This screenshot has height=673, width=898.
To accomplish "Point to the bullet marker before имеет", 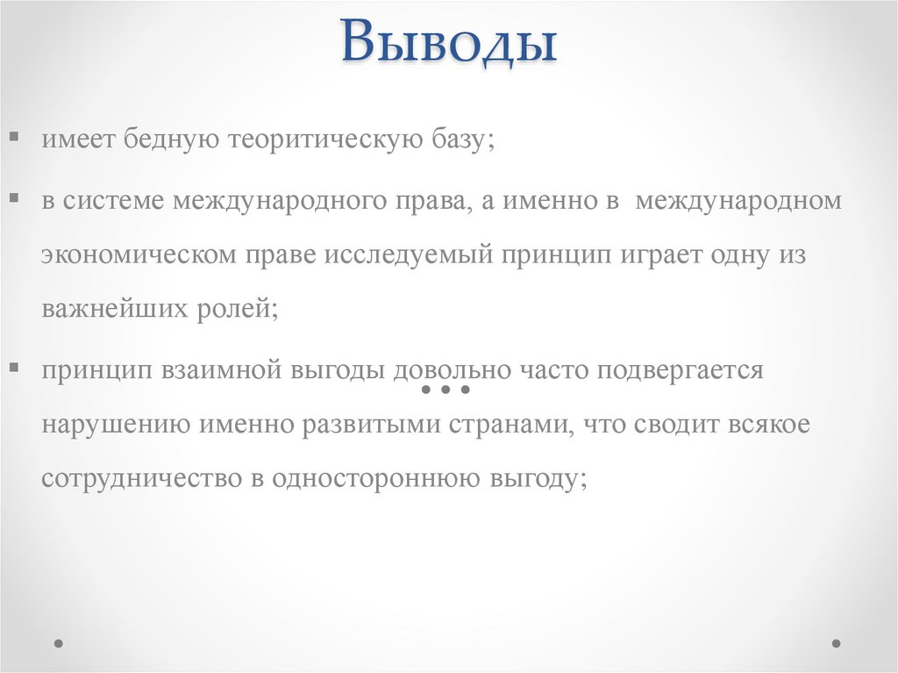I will tap(16, 138).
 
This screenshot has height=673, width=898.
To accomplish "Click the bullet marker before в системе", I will tap(16, 198).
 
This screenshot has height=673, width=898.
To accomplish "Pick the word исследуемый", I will tap(410, 254).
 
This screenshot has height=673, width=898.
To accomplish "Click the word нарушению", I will tap(115, 425).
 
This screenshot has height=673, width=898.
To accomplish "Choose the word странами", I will tap(501, 425).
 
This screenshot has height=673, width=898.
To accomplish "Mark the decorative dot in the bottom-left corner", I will tap(59, 642).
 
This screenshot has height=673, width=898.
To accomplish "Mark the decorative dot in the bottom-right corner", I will tap(837, 642).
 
